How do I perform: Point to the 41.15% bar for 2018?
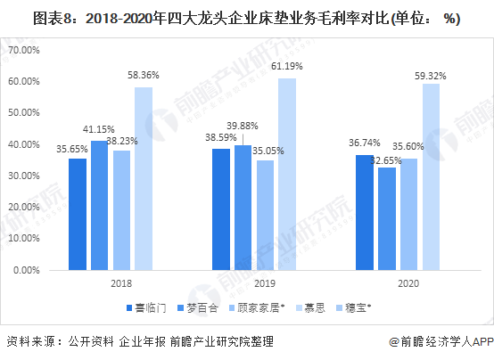pyautogui.click(x=99, y=204)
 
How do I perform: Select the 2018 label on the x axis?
pyautogui.click(x=111, y=282)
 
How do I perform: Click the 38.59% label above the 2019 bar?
pyautogui.click(x=219, y=139)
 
